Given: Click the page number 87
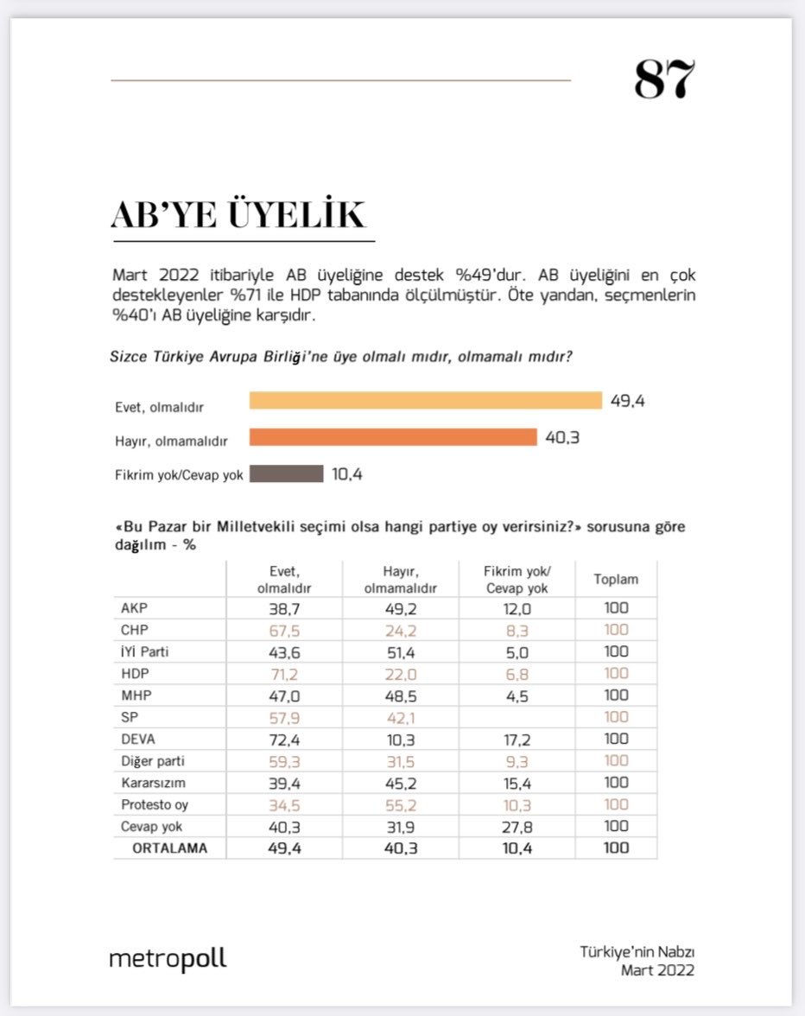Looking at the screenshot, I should pos(664,79).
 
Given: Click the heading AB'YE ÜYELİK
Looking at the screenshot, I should pos(238,214).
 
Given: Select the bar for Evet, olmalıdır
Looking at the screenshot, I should pos(425,401).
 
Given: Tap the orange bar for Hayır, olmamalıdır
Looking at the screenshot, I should pos(393,437).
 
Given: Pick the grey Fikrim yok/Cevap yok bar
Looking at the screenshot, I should pos(286,473).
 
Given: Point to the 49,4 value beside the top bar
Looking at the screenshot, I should pos(628,401).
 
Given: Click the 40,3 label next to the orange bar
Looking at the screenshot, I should pos(561,437).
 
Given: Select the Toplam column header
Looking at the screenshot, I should pos(616,580).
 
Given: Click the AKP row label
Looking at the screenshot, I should pos(136,608).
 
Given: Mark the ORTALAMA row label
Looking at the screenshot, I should pos(169,848).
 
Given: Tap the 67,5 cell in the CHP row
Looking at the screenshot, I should pos(284,630).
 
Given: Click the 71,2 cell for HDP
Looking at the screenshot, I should pos(284,674).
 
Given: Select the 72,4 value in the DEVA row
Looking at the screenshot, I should pos(284,740).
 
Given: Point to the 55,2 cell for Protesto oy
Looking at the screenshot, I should pos(400,804).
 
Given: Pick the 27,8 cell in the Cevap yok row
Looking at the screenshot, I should pos(517,827).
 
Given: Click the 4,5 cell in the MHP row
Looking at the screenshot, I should pos(517,695).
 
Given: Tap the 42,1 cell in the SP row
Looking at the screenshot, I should pos(400,717).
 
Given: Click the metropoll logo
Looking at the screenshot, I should pos(168,959).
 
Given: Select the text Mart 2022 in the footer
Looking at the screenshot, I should pos(657,970).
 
